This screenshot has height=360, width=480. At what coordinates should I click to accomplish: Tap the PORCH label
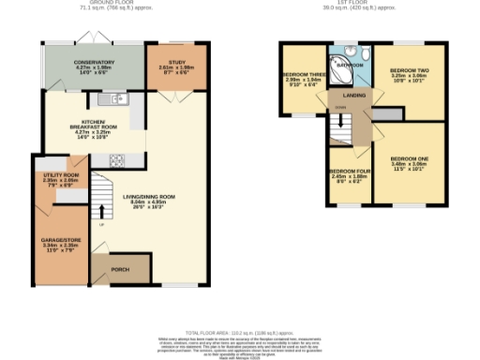120,269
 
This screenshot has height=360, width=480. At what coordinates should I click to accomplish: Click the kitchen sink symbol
116,97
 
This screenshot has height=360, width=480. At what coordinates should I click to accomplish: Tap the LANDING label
354,95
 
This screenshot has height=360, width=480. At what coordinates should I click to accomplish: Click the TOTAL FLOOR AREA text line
239,333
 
